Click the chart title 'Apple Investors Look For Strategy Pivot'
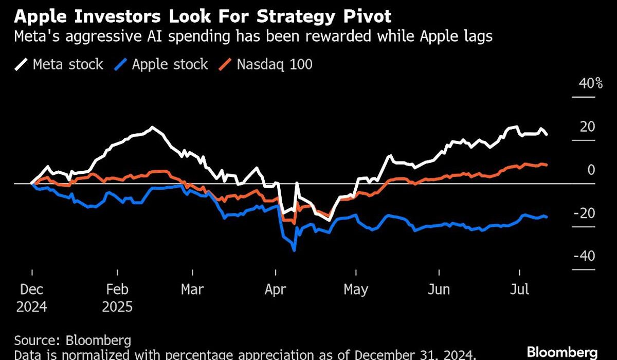coord(203,16)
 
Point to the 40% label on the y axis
coord(591,84)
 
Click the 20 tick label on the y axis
coord(588,127)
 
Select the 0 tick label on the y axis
coord(591,170)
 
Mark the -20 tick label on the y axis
coord(585,213)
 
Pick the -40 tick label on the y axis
coord(585,257)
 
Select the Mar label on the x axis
coord(192,290)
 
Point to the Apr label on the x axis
coord(275,290)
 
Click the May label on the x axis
coord(356,290)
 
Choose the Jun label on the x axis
coord(439,290)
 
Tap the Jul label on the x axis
coord(520,290)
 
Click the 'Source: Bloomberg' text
coord(72,340)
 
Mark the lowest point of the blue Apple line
coord(294,250)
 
